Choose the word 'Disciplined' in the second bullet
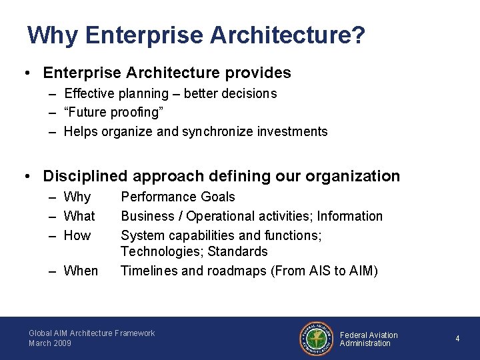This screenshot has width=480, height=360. point(85,176)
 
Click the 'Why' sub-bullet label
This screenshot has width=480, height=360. point(77,197)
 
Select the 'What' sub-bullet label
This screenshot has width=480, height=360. point(79,216)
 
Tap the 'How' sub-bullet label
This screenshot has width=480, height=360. point(77,235)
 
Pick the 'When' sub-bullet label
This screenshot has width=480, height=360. point(81,271)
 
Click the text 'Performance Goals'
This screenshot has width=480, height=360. point(178,197)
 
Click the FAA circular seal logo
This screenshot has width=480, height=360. point(315,339)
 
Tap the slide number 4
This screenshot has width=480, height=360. point(457,339)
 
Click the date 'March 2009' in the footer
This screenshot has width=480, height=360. point(50,343)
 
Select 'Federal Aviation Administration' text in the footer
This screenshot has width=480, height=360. point(368,339)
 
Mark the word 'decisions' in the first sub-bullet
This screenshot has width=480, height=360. point(251,94)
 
